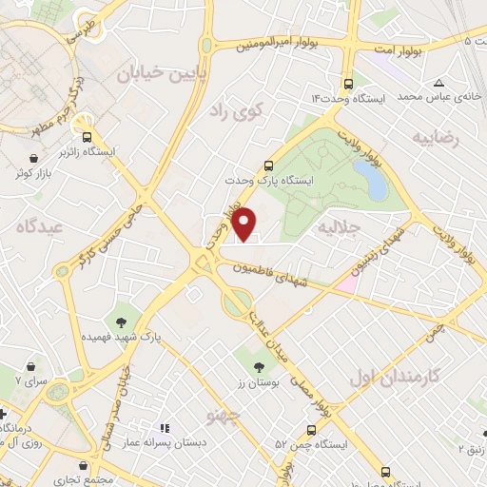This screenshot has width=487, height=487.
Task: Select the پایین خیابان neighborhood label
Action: [x=158, y=73]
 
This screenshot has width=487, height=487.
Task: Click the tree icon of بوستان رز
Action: [x=259, y=364]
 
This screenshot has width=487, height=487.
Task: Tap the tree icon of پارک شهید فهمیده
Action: [x=121, y=321]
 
